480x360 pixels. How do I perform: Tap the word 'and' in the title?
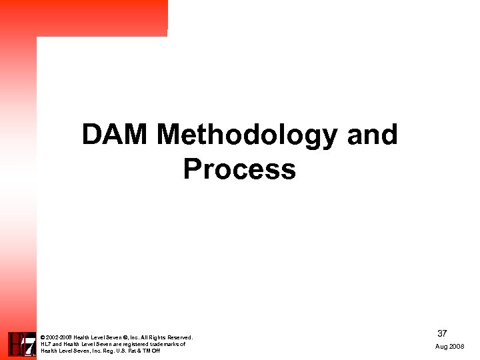pos(373,135)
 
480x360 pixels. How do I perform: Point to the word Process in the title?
pos(239,169)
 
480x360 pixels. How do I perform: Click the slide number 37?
pos(442,333)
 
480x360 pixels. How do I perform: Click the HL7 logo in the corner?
pos(21,344)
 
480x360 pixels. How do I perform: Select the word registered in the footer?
pos(133,344)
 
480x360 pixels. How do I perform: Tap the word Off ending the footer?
pos(156,351)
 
